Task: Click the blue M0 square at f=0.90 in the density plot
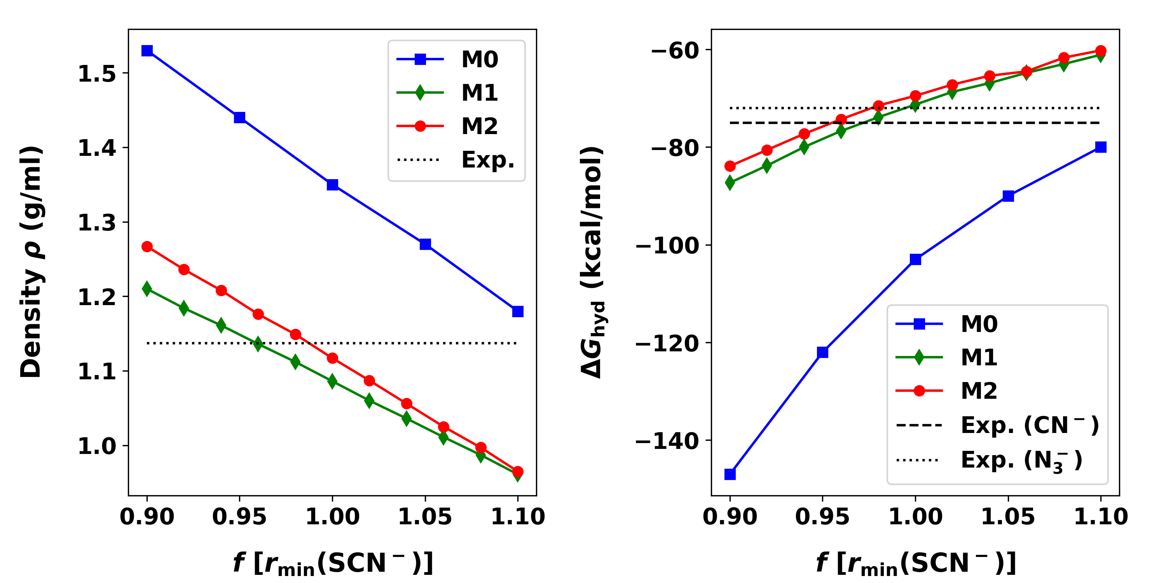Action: [x=147, y=51]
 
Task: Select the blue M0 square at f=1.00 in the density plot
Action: [x=332, y=185]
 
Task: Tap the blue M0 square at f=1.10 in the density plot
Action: [x=517, y=311]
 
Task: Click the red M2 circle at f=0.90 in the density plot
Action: [x=147, y=247]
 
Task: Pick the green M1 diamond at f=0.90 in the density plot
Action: [x=147, y=288]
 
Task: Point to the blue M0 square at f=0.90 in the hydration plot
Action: [x=730, y=474]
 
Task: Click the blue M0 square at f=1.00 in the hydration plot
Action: [x=915, y=259]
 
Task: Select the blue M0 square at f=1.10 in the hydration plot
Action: [x=1100, y=147]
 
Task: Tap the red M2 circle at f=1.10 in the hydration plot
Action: [x=1100, y=51]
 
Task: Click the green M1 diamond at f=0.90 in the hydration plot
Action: [x=730, y=182]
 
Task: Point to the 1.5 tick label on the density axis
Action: [x=97, y=74]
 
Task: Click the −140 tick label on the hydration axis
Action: [x=667, y=441]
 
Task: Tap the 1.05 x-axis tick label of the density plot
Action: [x=424, y=517]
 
